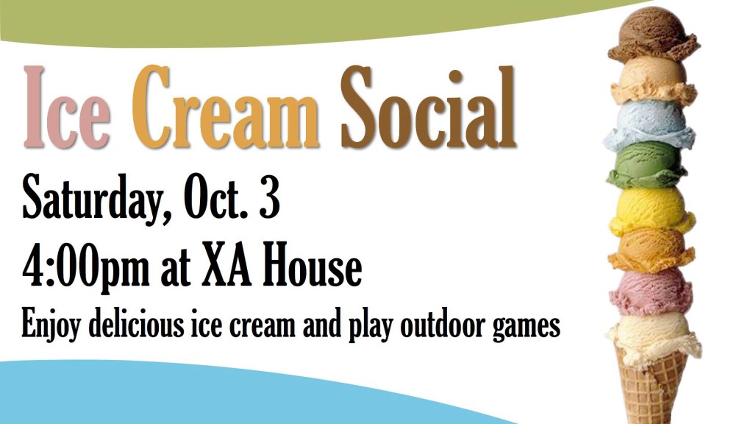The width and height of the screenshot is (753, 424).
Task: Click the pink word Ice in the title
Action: [x=67, y=107]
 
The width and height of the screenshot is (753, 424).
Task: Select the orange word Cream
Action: [x=226, y=107]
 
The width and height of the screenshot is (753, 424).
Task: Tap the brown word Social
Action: [x=429, y=107]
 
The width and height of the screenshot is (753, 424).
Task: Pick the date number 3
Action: [x=269, y=197]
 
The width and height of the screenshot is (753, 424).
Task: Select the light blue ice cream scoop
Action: [x=649, y=125]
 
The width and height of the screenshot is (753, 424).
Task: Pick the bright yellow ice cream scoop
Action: [x=652, y=210]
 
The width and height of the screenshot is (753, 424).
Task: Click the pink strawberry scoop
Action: [x=651, y=291]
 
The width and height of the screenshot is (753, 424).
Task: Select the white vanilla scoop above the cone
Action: [x=653, y=339]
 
